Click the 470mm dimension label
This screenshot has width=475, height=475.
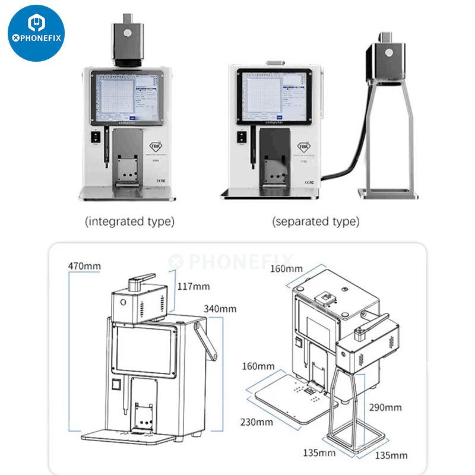pyautogui.click(x=84, y=265)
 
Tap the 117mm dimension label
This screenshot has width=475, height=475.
pyautogui.click(x=194, y=286)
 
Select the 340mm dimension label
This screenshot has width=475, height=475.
pyautogui.click(x=220, y=308)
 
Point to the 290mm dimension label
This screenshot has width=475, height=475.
pyautogui.click(x=385, y=407)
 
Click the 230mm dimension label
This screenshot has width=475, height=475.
pyautogui.click(x=257, y=422)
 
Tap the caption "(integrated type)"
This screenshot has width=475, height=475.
pyautogui.click(x=130, y=221)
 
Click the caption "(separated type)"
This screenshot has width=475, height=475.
pyautogui.click(x=316, y=221)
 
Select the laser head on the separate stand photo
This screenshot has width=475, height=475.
pyautogui.click(x=388, y=60)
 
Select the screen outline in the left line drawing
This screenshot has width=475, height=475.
pyautogui.click(x=145, y=350)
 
